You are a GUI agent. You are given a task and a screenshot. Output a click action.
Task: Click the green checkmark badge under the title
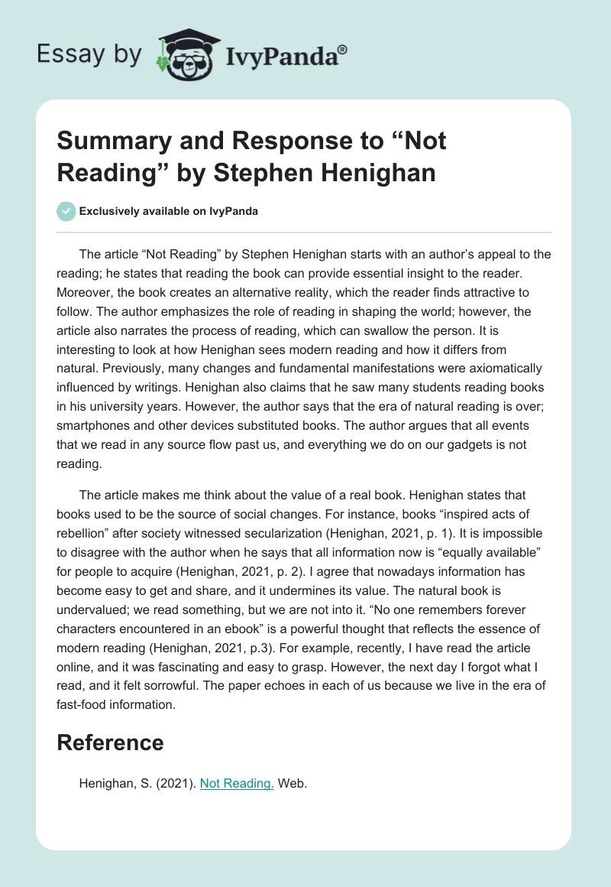coord(66,211)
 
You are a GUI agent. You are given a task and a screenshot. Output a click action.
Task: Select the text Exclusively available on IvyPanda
coord(168,211)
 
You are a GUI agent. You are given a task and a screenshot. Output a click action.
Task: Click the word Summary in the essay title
coord(107,141)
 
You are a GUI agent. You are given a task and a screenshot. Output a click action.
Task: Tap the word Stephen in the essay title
coord(268,173)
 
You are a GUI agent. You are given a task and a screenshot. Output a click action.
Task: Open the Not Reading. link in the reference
coord(237,783)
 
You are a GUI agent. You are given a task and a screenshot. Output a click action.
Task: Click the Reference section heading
coord(110,742)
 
